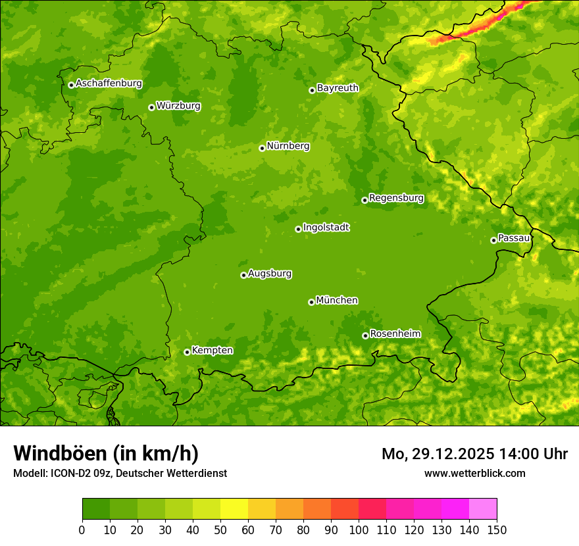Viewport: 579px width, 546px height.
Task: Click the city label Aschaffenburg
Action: (x=109, y=84)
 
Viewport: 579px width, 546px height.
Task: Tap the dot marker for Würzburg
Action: (x=151, y=107)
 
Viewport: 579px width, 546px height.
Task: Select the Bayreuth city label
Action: (x=338, y=87)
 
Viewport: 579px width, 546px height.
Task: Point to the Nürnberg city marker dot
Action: (x=262, y=148)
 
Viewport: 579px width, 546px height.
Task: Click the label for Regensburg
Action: (x=396, y=197)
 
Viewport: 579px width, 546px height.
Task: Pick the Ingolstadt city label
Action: (x=326, y=227)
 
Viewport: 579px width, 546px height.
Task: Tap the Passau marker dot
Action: (x=493, y=240)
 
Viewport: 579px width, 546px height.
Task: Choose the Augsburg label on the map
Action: (x=270, y=273)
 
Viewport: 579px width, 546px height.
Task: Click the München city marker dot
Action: (x=311, y=302)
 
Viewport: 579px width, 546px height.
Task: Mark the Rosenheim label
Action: (x=395, y=334)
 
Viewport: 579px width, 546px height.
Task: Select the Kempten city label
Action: (x=212, y=350)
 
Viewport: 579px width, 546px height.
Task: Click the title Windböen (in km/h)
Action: (x=106, y=453)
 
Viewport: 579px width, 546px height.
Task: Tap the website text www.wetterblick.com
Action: (x=474, y=473)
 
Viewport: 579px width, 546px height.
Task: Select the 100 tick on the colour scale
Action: (x=359, y=530)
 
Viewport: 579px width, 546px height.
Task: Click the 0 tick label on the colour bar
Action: (x=82, y=530)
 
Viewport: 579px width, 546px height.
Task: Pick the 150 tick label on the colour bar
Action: (x=497, y=530)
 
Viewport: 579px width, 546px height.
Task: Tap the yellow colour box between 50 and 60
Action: (x=234, y=509)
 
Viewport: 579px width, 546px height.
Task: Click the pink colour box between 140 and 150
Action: (x=483, y=509)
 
